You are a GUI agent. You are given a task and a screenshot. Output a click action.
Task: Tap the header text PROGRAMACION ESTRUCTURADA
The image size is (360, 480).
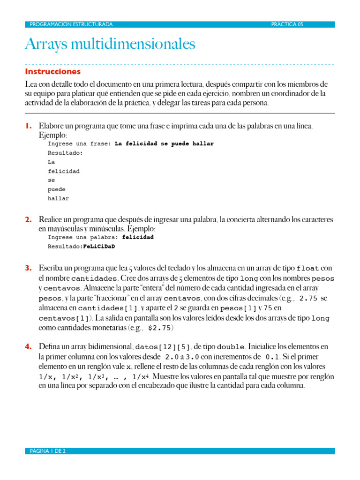pos(71,24)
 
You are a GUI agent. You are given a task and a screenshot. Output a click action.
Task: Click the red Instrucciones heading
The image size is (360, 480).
pos(52,72)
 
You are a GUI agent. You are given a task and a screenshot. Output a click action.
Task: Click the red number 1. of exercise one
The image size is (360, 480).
pos(28,126)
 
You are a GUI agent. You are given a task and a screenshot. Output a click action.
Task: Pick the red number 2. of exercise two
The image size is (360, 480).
pos(28,219)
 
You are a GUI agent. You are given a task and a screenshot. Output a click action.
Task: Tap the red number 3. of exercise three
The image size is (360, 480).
pos(28,268)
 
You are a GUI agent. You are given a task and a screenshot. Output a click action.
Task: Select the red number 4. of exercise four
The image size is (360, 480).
pos(28,347)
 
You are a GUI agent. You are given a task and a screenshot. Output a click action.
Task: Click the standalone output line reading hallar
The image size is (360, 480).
pos(58,198)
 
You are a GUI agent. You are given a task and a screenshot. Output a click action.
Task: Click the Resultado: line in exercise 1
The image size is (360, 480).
pos(65,153)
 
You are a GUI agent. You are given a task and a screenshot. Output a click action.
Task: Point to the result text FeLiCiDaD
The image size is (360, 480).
pos(99,246)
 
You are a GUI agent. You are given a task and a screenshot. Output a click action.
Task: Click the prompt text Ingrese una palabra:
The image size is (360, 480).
pos(83,237)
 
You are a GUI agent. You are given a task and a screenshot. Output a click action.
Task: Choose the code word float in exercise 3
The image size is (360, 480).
pos(308,269)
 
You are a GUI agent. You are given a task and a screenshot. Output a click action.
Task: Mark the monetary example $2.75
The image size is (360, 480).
pos(160,328)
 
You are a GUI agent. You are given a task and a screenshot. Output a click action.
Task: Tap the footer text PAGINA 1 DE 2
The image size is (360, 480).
pos(47,451)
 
